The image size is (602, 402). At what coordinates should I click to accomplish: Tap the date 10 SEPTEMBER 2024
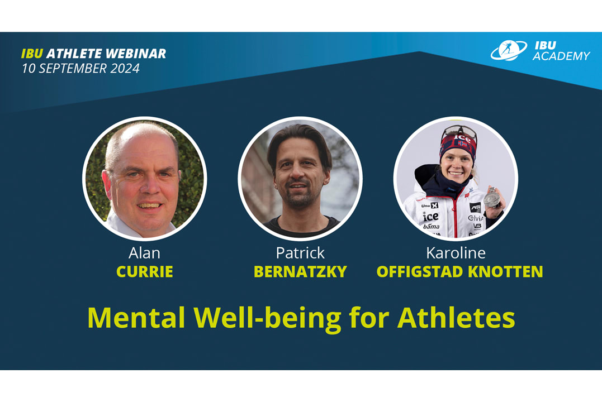[x=80, y=68]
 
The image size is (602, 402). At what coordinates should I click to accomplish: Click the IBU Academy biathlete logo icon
[x=509, y=50]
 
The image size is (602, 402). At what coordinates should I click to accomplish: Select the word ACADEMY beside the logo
[x=561, y=56]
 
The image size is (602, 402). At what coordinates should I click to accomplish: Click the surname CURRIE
[x=145, y=271]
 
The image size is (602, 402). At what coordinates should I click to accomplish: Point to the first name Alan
[x=144, y=253]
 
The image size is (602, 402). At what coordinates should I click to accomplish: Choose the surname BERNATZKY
[x=300, y=271]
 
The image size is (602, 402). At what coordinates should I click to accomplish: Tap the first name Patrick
[x=300, y=253]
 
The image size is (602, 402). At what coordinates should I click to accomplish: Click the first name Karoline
[x=456, y=253]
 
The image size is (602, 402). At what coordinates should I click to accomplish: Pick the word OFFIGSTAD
[x=420, y=271]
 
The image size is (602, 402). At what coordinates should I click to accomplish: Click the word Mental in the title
[x=136, y=318]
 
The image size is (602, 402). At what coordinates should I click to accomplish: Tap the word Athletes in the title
[x=456, y=318]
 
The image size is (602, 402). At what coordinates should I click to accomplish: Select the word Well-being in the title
[x=267, y=319]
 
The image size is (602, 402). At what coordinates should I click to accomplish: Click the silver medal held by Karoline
[x=492, y=199]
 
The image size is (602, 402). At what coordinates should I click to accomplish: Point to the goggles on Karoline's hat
[x=460, y=132]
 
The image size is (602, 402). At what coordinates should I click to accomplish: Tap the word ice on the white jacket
[x=431, y=216]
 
